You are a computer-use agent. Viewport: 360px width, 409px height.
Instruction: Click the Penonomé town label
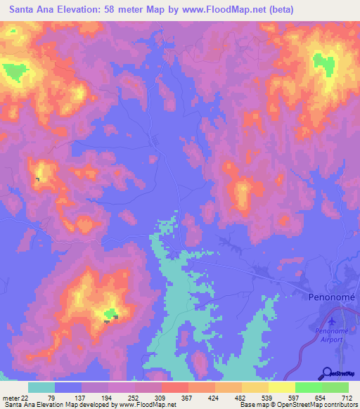[333, 297]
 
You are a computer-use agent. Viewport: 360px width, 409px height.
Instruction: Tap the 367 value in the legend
[188, 398]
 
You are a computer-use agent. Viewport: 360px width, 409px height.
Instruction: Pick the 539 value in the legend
[267, 398]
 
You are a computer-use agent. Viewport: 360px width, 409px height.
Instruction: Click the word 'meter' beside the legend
[10, 398]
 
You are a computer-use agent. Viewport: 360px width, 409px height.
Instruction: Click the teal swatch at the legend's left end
[41, 387]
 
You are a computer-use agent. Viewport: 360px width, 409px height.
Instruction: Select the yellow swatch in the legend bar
[282, 387]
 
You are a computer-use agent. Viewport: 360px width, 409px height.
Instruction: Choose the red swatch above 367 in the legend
[175, 387]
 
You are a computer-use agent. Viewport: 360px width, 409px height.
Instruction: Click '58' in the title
[115, 10]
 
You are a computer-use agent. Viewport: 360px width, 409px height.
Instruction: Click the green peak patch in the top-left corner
[13, 71]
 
